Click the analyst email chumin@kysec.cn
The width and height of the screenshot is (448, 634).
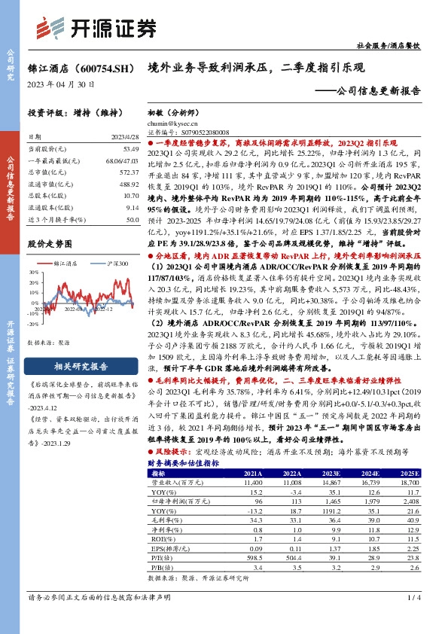click(x=169, y=123)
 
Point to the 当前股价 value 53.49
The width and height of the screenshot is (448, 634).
click(x=130, y=150)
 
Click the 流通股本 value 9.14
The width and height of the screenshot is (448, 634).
click(x=132, y=207)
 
